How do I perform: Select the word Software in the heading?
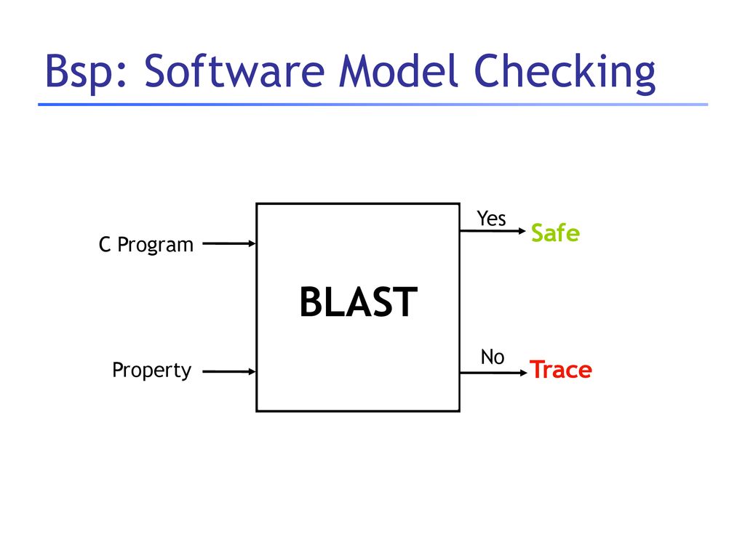234,70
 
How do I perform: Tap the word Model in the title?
398,70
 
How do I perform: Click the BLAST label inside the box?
358,302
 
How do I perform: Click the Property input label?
151,370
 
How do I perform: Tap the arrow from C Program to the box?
229,244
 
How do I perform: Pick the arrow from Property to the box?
229,371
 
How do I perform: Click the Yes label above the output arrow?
491,219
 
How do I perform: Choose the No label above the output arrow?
493,357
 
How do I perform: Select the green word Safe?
555,233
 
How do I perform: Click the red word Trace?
561,370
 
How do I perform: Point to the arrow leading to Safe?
493,231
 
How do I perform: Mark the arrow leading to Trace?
494,373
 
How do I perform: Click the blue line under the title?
373,105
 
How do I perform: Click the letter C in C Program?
105,245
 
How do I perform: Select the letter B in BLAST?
311,302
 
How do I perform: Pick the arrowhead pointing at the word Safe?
522,231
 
